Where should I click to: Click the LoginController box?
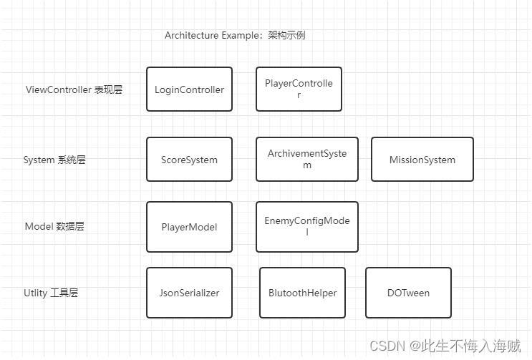click(189, 89)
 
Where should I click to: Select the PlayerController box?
click(299, 89)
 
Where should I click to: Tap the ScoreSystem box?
click(189, 160)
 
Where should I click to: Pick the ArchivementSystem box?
click(306, 159)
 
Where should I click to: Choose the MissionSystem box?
click(422, 160)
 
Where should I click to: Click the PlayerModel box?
click(189, 227)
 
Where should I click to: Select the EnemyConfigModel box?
click(306, 226)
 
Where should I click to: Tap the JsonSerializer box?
click(189, 293)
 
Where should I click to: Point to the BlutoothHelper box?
click(302, 293)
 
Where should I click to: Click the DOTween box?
click(408, 293)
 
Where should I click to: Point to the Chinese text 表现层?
click(108, 90)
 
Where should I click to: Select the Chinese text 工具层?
click(64, 293)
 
